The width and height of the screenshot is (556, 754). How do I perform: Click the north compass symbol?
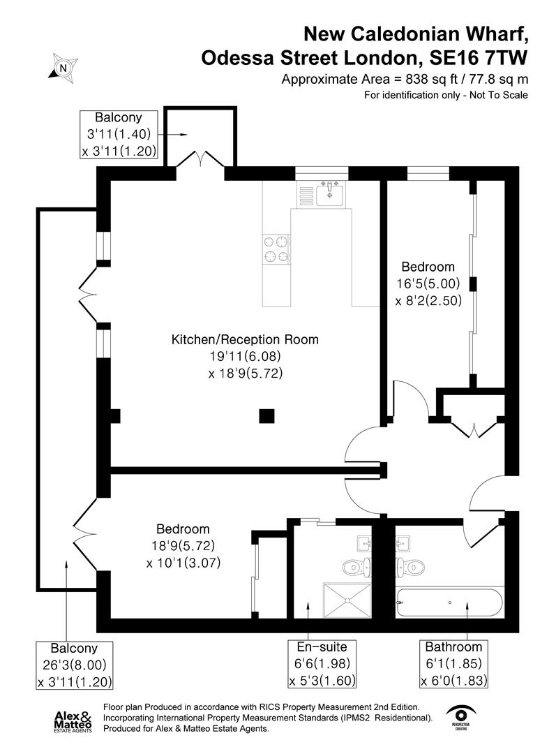click(63, 68)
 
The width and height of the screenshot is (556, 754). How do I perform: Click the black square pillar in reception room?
click(266, 416)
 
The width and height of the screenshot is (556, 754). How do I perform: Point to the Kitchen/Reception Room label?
click(245, 340)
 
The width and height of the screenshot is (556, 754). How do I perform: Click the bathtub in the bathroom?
click(449, 602)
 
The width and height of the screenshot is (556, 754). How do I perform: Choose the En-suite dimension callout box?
click(317, 663)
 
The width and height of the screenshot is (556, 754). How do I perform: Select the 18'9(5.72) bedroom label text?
click(183, 545)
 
